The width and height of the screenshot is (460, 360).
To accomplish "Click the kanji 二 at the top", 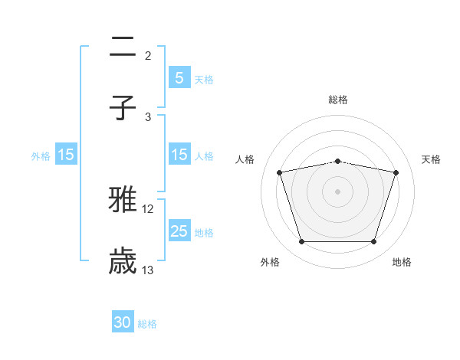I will (123, 48).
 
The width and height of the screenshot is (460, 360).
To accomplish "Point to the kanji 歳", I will (123, 261).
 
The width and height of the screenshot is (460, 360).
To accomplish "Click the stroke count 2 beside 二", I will (148, 56).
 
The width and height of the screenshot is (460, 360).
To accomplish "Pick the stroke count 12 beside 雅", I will (148, 209).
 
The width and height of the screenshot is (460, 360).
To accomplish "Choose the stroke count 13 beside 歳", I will (148, 270).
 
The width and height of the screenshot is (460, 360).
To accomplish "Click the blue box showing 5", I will (179, 77).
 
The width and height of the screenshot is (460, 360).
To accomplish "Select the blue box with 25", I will (179, 231).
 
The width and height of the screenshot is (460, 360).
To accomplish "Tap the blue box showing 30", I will (123, 322).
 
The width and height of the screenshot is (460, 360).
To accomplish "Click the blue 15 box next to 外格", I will (66, 155).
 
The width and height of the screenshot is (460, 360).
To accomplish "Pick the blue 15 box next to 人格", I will (179, 154).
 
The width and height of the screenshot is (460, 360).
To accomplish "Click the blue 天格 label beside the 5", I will (204, 79).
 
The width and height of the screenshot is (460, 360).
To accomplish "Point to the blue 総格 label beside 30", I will (147, 324).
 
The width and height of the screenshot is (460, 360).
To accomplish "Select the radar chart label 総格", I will (338, 100).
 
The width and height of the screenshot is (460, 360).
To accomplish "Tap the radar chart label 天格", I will (432, 159).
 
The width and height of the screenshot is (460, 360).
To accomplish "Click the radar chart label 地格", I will (402, 262).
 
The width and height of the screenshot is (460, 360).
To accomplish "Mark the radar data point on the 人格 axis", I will (280, 173).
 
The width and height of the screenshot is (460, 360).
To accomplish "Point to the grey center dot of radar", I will (338, 191).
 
